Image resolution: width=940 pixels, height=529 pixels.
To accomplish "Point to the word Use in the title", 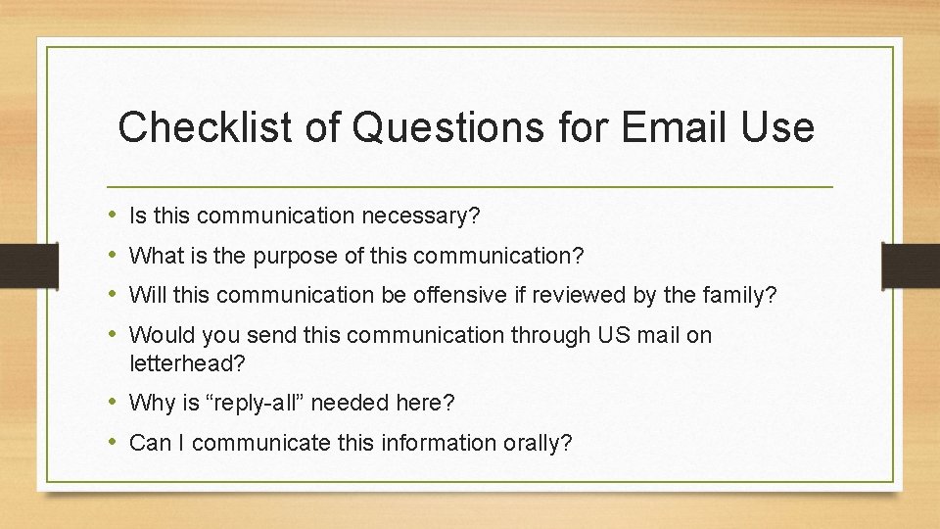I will [x=779, y=127].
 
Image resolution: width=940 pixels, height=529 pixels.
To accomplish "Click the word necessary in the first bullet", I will [x=421, y=216].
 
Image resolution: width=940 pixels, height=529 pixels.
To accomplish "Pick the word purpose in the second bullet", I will [x=294, y=257].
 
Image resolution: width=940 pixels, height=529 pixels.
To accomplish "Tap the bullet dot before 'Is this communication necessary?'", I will [x=115, y=216].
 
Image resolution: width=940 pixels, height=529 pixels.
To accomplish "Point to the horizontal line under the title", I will [x=470, y=186].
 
